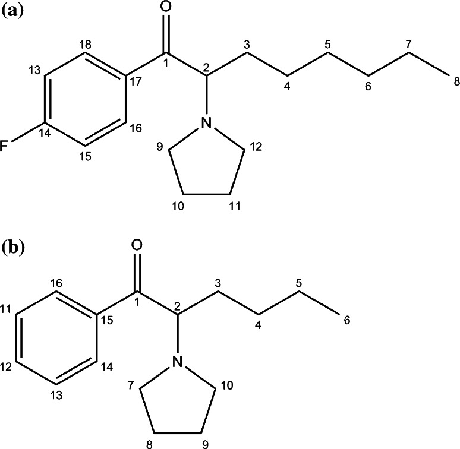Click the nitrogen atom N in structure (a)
click(206, 123)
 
